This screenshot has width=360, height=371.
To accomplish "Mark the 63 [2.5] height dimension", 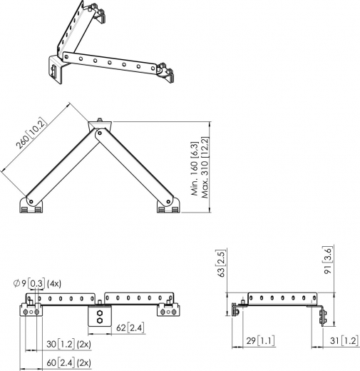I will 222,264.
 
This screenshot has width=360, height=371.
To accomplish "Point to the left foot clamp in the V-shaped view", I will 31,206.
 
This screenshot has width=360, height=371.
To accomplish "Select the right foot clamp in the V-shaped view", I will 168,206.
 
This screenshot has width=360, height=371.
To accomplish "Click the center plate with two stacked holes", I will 100,317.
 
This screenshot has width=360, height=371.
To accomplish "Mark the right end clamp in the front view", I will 171,308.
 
